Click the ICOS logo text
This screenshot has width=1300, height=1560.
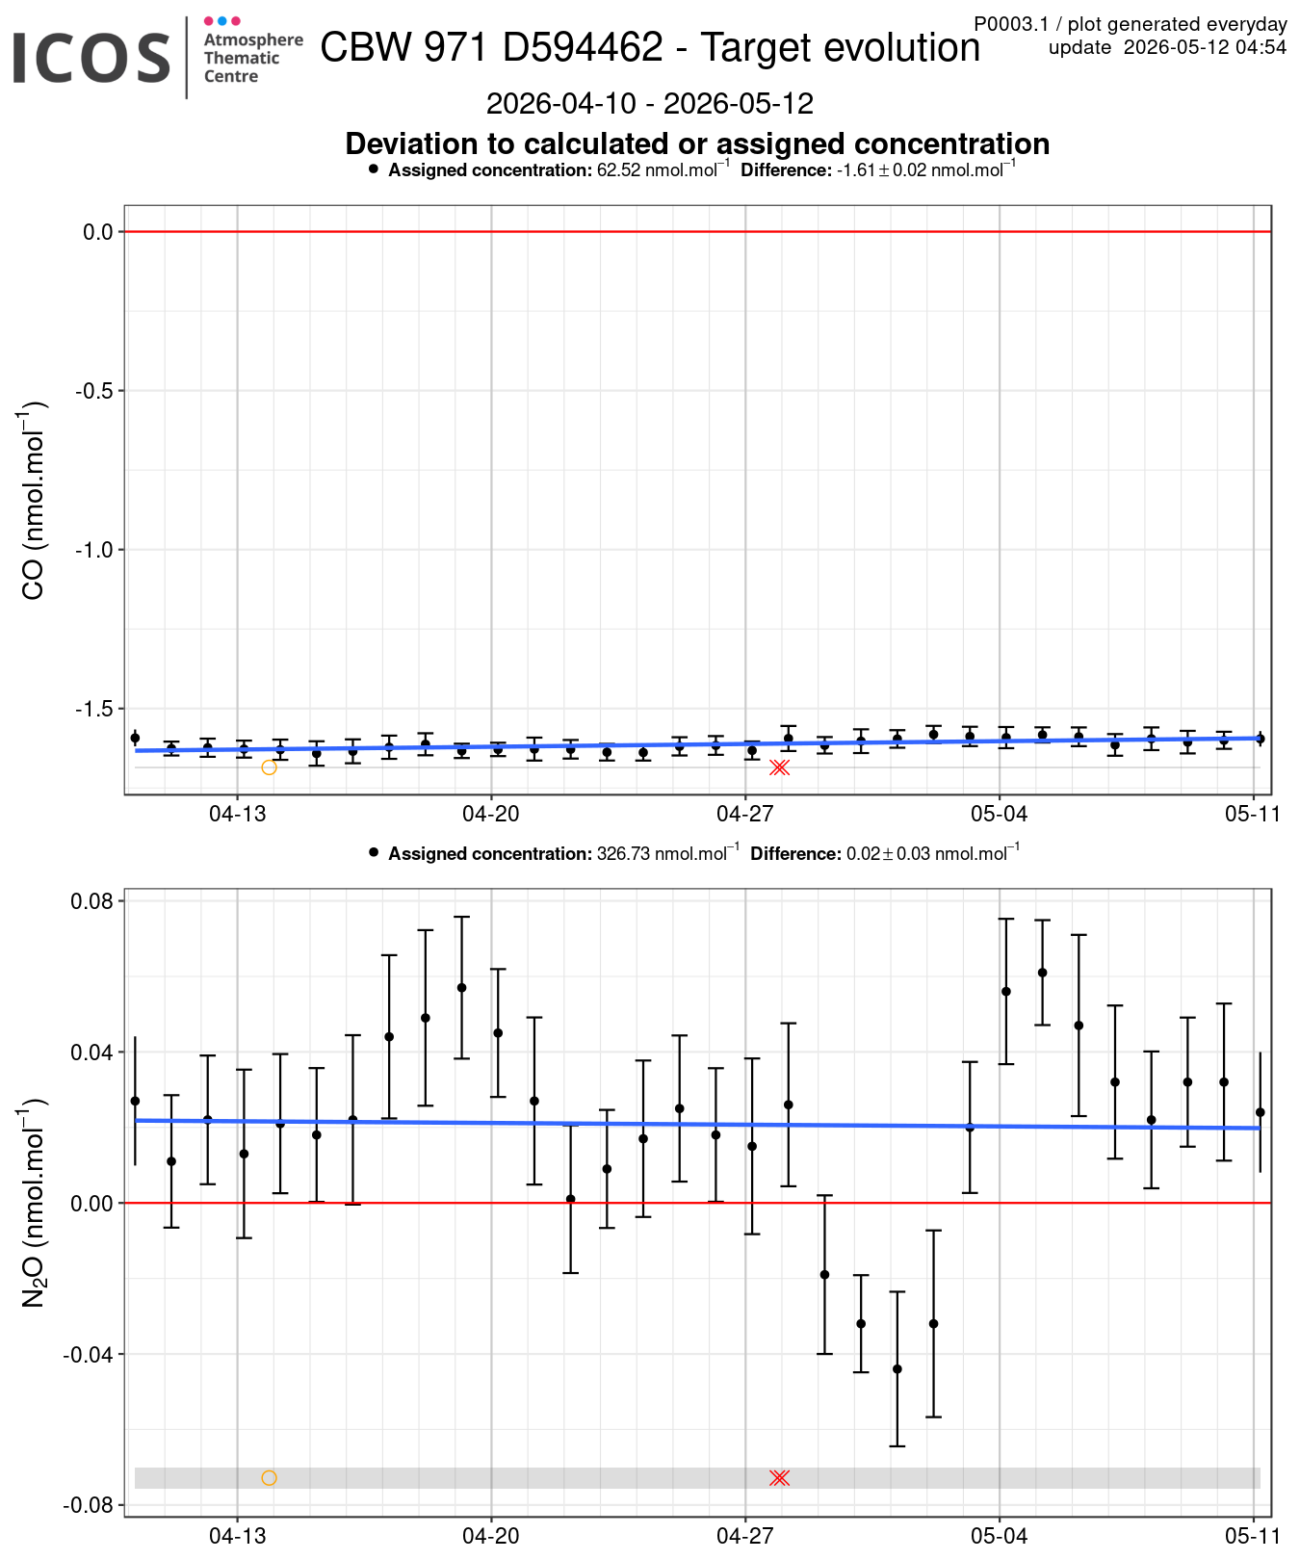click(91, 58)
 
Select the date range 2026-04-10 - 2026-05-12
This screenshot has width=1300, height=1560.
click(650, 103)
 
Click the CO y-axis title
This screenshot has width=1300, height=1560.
click(33, 501)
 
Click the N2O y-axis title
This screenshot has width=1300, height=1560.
click(33, 1202)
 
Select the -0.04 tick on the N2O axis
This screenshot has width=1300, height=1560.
click(89, 1354)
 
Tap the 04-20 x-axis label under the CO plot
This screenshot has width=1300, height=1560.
click(491, 814)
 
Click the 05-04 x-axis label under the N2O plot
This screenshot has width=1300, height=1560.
click(1000, 1535)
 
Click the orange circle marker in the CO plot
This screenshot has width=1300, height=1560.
click(269, 767)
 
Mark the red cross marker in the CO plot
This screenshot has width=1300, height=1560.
click(780, 767)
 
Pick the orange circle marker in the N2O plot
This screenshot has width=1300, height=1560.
click(269, 1478)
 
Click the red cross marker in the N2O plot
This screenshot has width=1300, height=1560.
click(780, 1478)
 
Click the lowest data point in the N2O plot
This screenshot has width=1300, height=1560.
click(897, 1368)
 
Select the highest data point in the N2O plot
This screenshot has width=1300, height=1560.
click(1042, 973)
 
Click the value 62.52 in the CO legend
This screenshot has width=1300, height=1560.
click(618, 170)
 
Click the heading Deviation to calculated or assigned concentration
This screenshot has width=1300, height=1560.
click(697, 143)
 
